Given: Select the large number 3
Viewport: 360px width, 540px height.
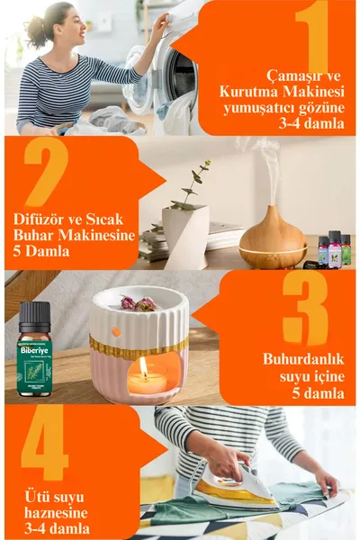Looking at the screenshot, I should (x=304, y=308).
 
